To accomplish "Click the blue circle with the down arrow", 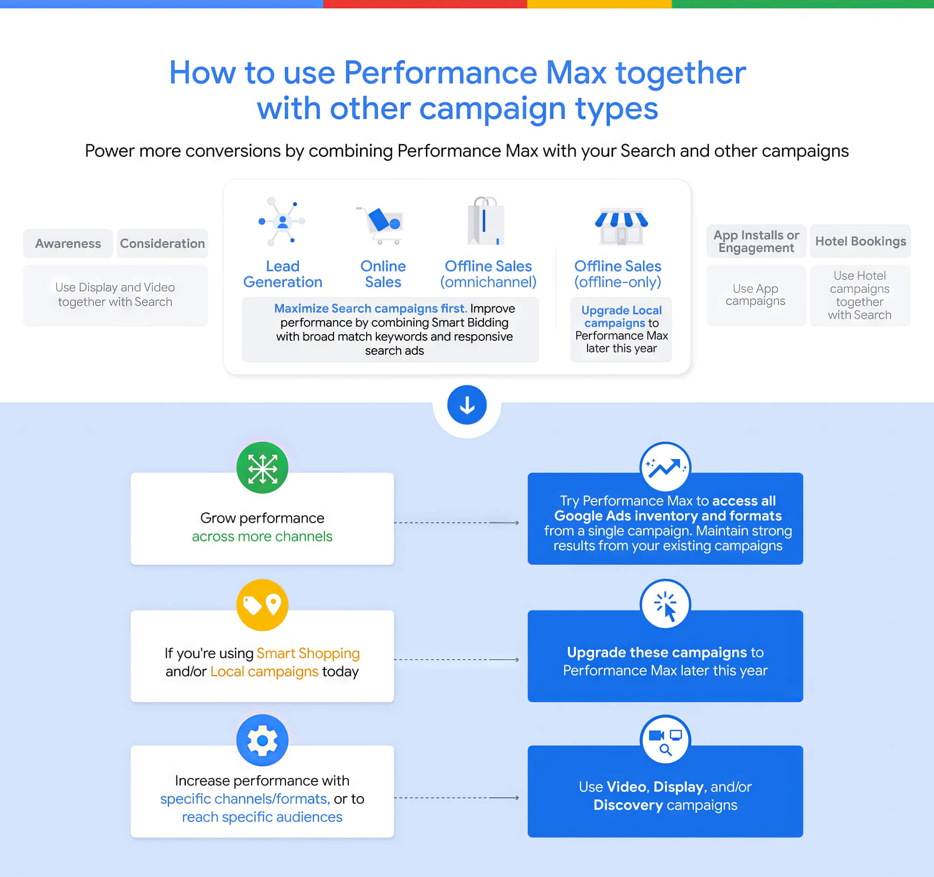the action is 467,405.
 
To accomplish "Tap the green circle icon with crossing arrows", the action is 262,467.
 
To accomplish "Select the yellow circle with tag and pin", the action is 262,605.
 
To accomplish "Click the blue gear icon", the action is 262,740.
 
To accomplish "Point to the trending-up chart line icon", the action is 665,467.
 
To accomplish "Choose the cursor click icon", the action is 665,605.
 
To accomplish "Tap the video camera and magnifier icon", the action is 665,740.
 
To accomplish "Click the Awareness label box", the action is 68,244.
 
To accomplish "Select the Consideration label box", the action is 163,244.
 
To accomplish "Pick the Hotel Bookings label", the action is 860,241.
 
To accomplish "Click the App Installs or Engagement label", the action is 757,241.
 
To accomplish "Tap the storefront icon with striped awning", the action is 621,226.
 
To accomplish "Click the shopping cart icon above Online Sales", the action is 381,225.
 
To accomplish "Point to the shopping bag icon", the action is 486,221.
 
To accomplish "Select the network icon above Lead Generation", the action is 282,222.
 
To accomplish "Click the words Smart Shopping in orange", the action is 308,653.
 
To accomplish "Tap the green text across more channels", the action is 262,536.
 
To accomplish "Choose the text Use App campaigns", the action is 756,295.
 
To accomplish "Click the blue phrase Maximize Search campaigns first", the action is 371,309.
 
